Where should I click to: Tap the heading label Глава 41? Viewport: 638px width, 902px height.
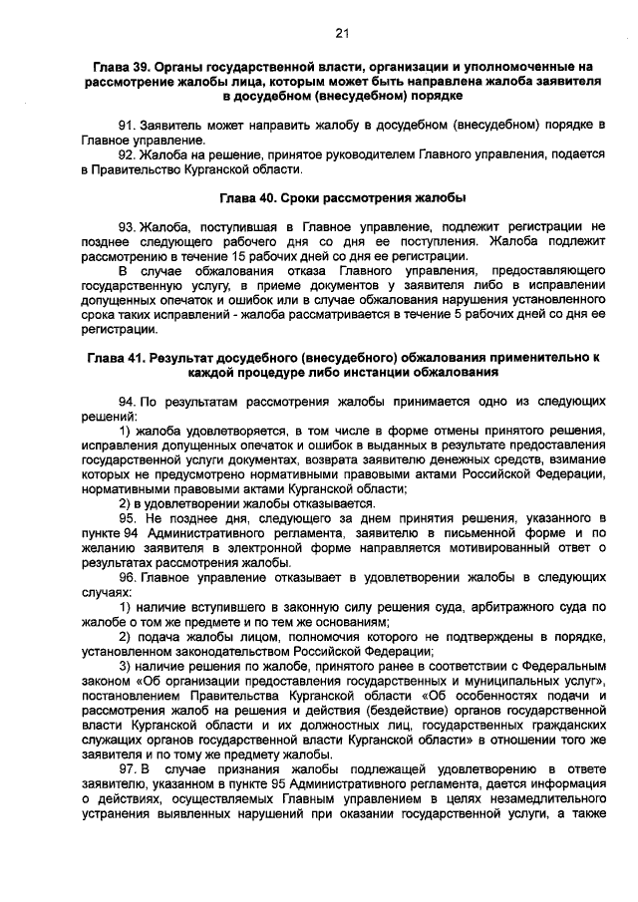(115, 357)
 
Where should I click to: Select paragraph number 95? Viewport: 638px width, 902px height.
(127, 519)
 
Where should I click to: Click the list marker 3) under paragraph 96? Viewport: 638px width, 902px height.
(125, 665)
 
